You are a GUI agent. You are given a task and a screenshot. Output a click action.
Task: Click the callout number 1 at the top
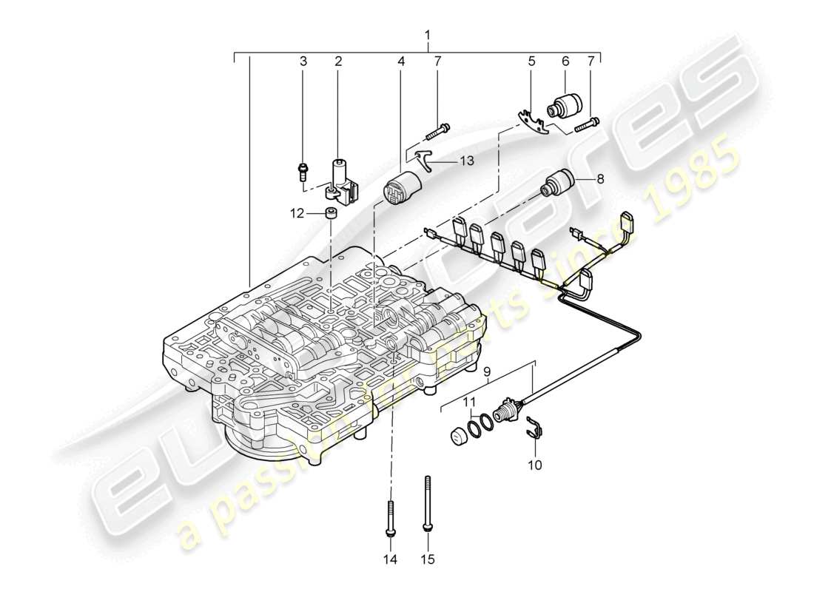(427, 35)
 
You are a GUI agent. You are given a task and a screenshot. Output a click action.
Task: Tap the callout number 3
(302, 61)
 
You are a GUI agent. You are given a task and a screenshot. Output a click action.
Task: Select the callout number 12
(297, 214)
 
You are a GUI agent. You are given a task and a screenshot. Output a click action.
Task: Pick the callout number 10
(534, 465)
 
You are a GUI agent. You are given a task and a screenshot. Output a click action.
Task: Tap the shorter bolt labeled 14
(389, 519)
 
